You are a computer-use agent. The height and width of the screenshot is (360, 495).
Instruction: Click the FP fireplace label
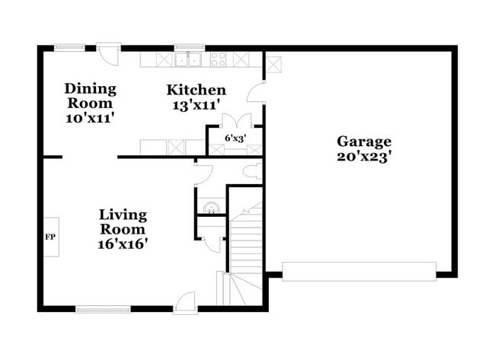coord(51,237)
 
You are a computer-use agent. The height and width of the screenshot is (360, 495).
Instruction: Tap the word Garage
coord(364,142)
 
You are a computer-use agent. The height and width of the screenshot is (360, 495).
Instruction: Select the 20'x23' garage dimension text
coord(364,157)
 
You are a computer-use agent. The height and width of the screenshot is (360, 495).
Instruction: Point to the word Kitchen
coord(196,91)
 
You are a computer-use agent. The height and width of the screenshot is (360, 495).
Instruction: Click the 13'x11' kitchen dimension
coord(196,106)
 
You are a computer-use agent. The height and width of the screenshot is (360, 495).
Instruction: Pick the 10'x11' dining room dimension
coord(89,118)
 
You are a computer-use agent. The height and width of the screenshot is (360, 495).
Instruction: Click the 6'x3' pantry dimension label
coord(235,139)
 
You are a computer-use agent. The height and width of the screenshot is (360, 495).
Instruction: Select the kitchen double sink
coord(187,59)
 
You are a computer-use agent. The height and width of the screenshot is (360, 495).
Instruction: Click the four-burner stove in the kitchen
coord(219,59)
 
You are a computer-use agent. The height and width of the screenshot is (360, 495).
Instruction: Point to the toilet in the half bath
coord(257,170)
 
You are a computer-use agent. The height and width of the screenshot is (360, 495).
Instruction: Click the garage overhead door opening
coord(359,271)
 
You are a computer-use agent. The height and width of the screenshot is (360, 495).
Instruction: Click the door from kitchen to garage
coord(257,95)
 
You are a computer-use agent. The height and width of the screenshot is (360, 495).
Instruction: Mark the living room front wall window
coord(103,309)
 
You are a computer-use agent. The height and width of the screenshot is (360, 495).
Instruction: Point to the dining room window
coord(69,48)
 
